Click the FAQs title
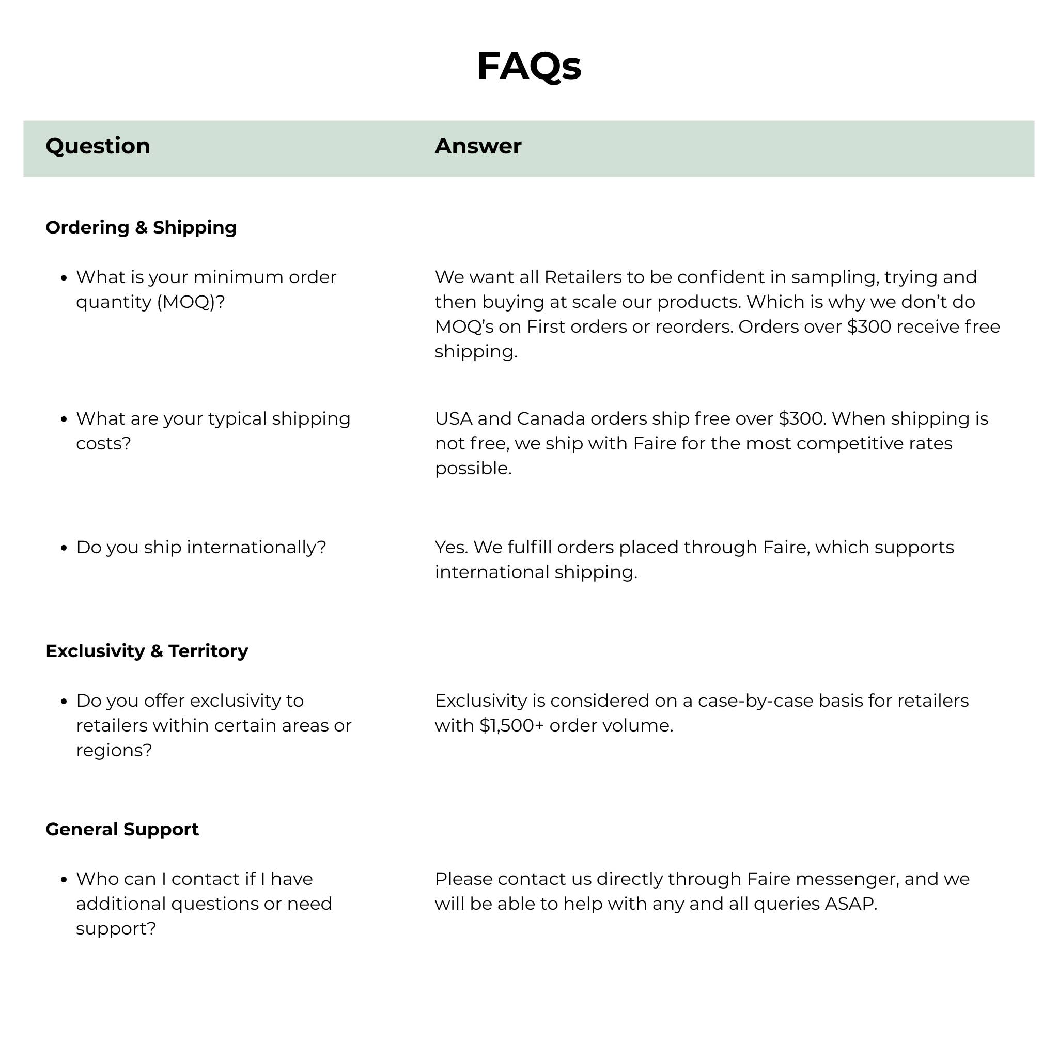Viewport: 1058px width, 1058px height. coord(528,66)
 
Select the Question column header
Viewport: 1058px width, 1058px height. coord(98,146)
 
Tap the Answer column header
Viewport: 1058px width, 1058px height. coord(477,146)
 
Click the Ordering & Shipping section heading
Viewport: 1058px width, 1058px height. coord(141,227)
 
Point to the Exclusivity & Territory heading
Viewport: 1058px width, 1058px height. coord(147,650)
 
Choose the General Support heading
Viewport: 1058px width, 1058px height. coord(122,829)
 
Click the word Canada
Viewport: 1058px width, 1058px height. coord(550,418)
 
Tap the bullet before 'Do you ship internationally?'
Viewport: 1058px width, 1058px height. coord(64,548)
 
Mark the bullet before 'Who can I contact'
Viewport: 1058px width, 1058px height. coord(64,879)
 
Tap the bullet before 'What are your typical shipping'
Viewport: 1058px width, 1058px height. coord(64,419)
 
